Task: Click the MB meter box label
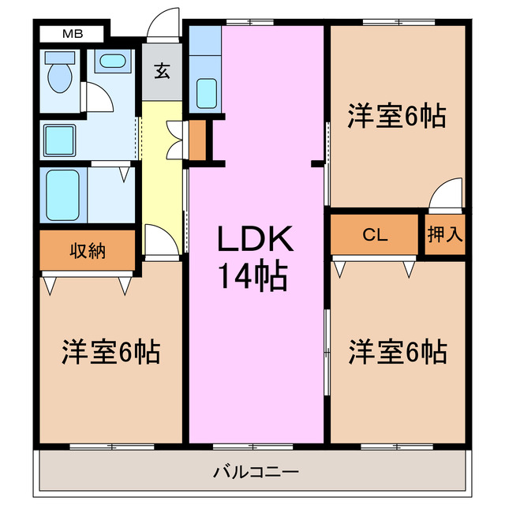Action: [x=72, y=34]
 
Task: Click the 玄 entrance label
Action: [x=162, y=73]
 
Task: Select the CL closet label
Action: [x=375, y=234]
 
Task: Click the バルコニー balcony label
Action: [x=255, y=473]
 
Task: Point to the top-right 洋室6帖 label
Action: [x=398, y=116]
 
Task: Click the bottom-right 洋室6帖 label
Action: [x=398, y=350]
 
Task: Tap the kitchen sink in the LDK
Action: [x=206, y=93]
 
